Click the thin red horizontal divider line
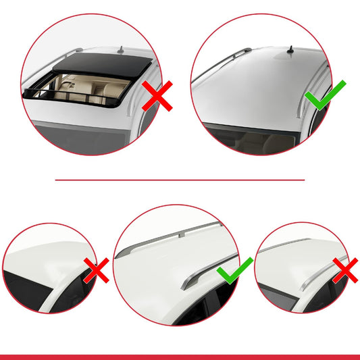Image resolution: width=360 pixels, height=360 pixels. (x=180, y=180)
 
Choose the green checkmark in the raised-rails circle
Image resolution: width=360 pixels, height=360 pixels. (x=234, y=271)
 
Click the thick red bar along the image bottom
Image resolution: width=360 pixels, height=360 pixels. (x=180, y=356)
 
